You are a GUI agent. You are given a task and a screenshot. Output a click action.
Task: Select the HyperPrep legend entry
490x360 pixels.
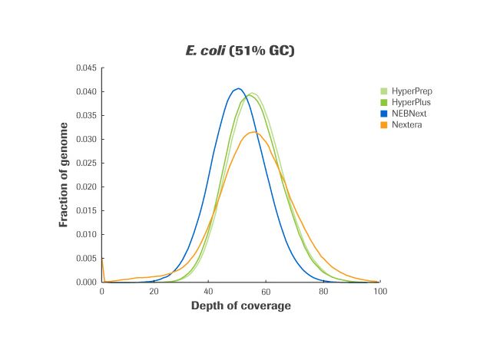(x=411, y=91)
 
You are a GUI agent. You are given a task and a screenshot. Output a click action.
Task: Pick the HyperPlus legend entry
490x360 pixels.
(x=410, y=102)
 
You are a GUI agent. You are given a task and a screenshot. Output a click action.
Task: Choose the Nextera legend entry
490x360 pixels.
(x=406, y=124)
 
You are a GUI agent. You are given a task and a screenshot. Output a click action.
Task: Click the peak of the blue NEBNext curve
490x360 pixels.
(x=238, y=88)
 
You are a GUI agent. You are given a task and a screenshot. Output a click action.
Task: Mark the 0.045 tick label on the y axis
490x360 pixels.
(x=85, y=68)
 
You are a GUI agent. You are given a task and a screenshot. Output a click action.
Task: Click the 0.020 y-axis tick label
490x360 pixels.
(x=85, y=187)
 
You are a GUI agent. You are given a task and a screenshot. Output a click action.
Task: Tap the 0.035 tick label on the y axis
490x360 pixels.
(x=85, y=116)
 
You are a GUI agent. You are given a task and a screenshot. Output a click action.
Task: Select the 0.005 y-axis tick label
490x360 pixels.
(x=85, y=259)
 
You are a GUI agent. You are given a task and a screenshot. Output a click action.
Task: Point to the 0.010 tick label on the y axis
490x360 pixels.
(x=85, y=235)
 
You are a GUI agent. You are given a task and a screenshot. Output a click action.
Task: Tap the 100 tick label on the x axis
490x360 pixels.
(x=379, y=292)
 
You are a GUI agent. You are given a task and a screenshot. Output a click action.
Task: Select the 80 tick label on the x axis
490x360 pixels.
(x=323, y=292)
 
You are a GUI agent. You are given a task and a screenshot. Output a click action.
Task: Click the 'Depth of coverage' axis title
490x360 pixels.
(x=240, y=306)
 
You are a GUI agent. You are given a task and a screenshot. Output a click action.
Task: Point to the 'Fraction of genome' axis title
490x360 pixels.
(x=64, y=174)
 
